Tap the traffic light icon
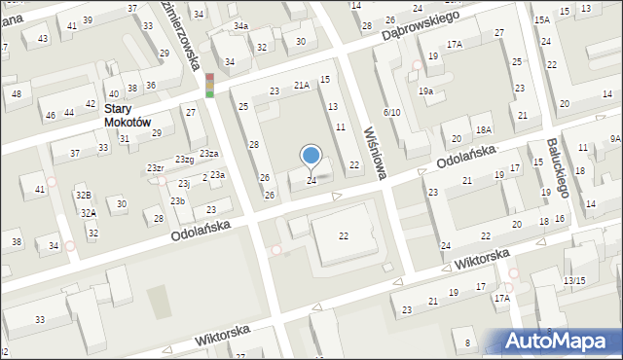pyautogui.click(x=209, y=86)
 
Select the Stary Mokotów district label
pyautogui.click(x=128, y=116)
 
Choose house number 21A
pyautogui.click(x=302, y=86)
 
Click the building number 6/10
pyautogui.click(x=391, y=113)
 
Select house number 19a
pyautogui.click(x=425, y=90)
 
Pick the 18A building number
pyautogui.click(x=484, y=130)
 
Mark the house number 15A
pyautogui.click(x=541, y=19)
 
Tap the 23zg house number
pyautogui.click(x=184, y=159)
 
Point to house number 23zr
pyautogui.click(x=155, y=168)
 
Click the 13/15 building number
pyautogui.click(x=574, y=280)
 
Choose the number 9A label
pyautogui.click(x=615, y=139)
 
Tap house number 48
pyautogui.click(x=17, y=93)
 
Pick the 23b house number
pyautogui.click(x=178, y=200)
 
